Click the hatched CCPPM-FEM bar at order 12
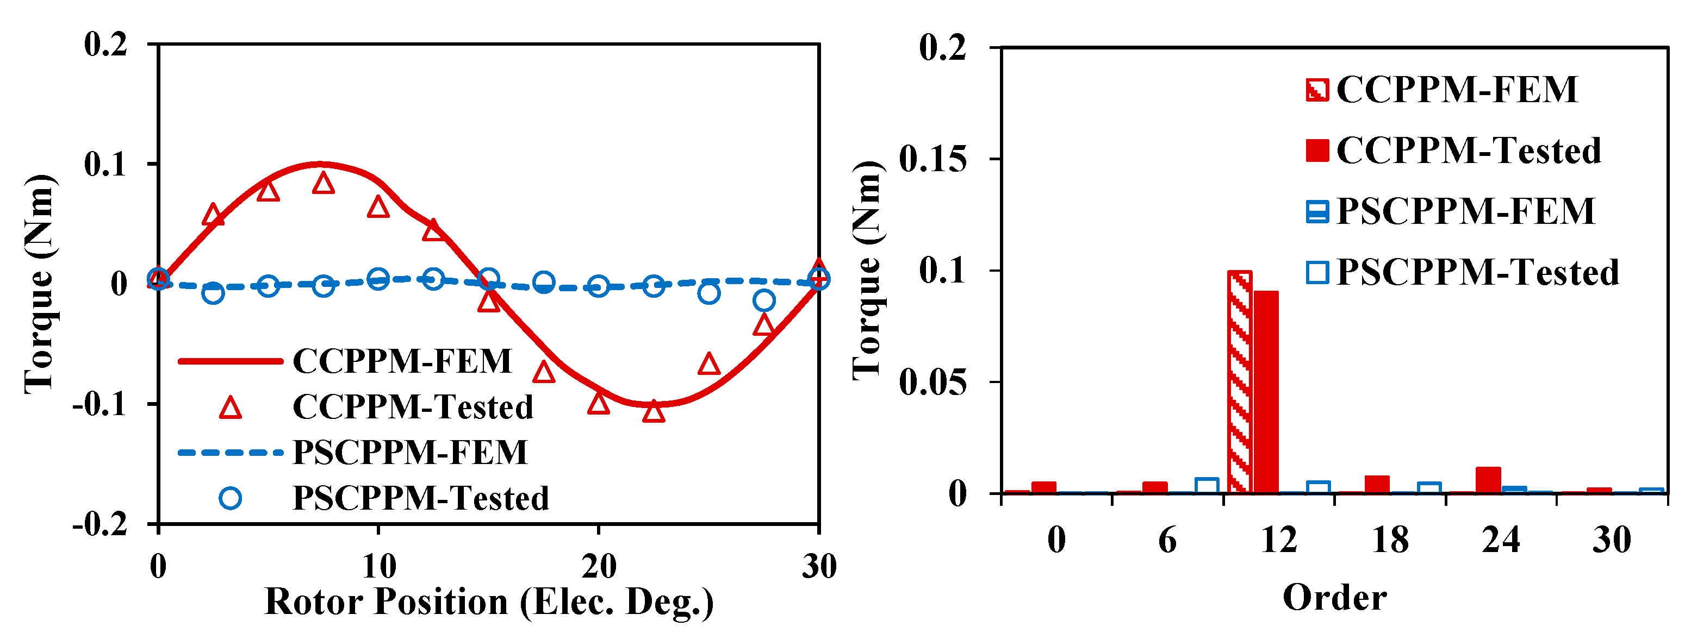[1239, 382]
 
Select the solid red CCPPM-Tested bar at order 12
[1266, 392]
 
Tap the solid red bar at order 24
[1488, 480]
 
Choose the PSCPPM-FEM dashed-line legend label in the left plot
[409, 453]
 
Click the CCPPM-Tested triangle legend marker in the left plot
[231, 408]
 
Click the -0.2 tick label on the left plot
[100, 525]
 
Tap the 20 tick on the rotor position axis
[598, 566]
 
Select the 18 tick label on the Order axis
[1390, 541]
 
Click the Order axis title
[1334, 598]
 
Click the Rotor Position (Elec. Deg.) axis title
[488, 602]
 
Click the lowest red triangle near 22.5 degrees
[653, 412]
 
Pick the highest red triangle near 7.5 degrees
[323, 184]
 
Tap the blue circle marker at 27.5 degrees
[763, 300]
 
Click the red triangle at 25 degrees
[708, 364]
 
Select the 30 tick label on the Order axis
[1612, 541]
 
